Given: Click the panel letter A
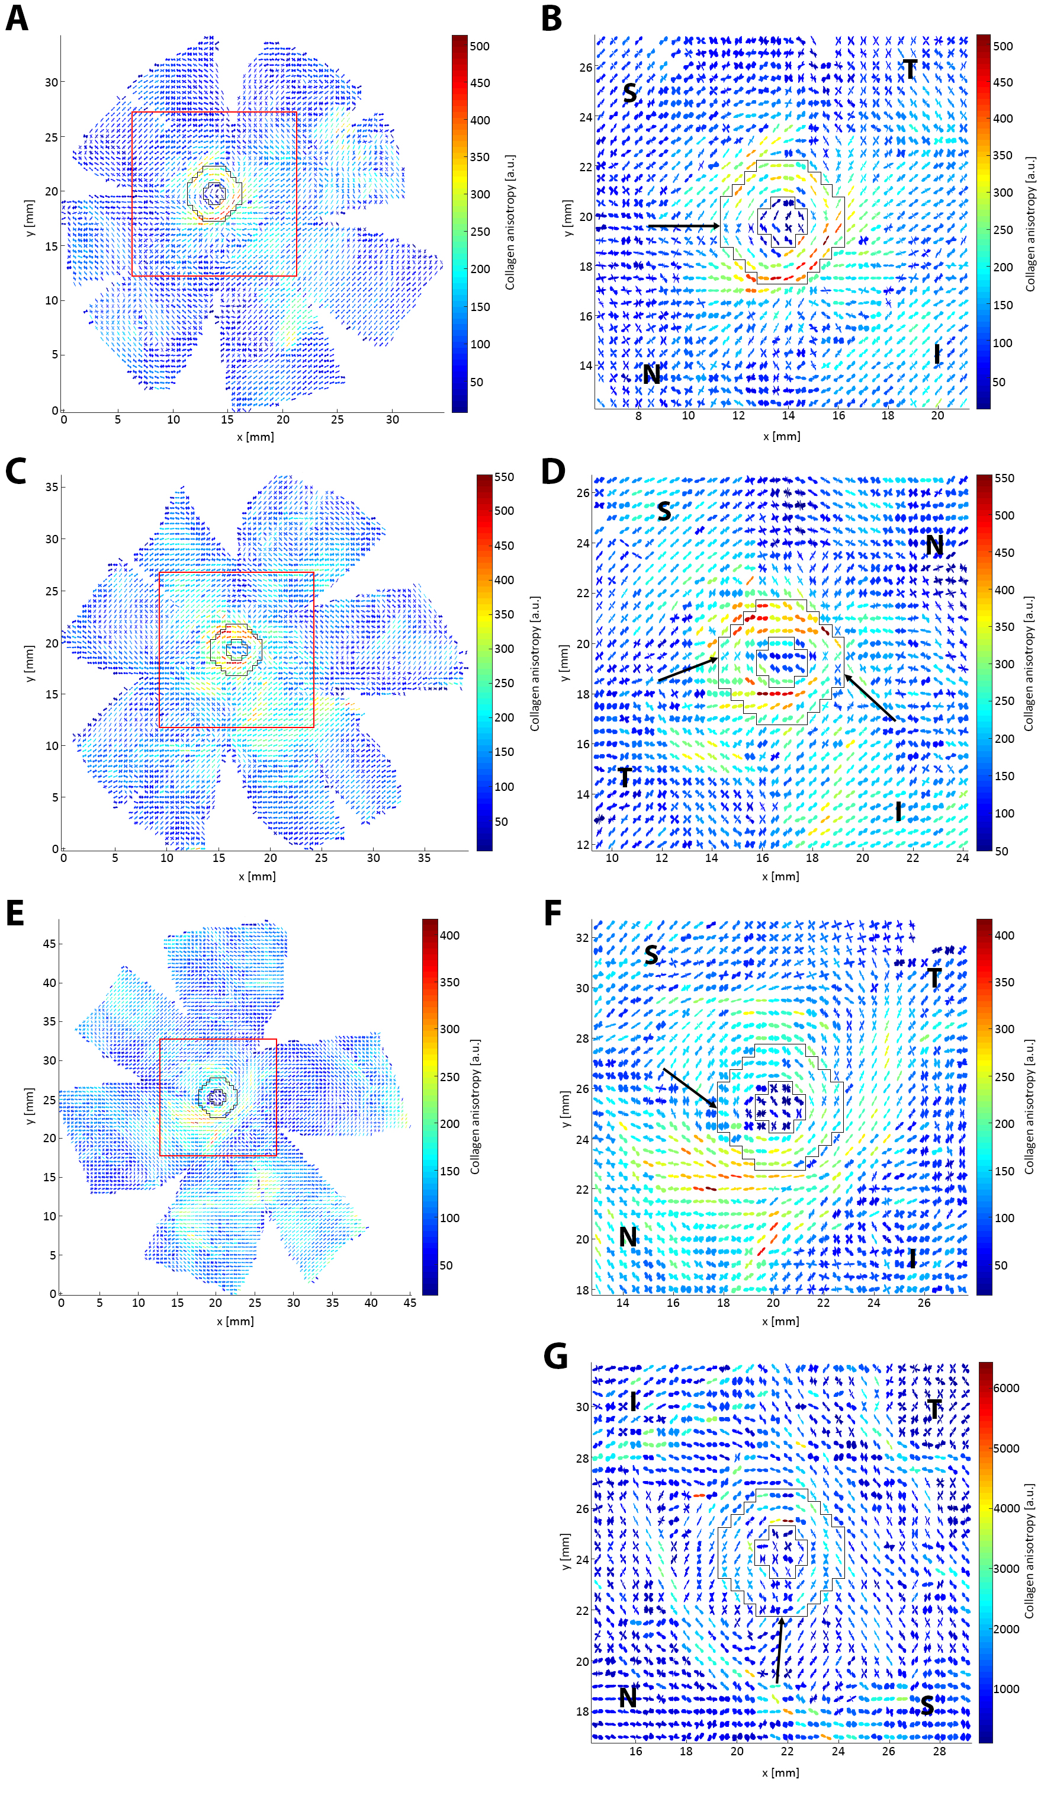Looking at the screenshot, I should pos(17,18).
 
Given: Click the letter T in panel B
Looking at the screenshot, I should pos(910,69).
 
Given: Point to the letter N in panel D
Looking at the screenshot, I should pos(934,546).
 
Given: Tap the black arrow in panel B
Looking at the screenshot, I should pos(683,226).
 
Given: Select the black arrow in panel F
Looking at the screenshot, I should pos(689,1088).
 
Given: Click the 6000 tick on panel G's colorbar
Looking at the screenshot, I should pos(1005,1387).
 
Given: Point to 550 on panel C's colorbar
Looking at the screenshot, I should pos(503,477).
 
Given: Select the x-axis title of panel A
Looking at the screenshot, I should pos(255,436).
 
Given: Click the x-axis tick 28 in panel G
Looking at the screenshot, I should pos(939,1750).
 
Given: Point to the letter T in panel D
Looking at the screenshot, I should pos(625,777).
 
